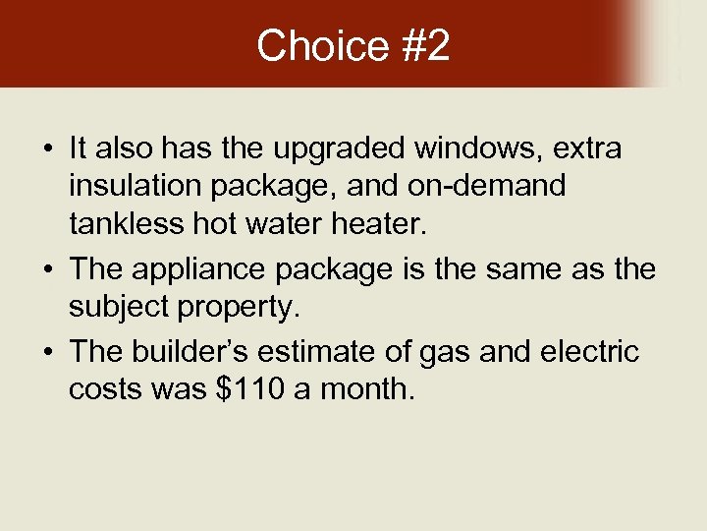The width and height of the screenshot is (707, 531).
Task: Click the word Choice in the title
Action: [x=309, y=46]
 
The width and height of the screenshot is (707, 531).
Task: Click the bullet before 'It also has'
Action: [x=47, y=150]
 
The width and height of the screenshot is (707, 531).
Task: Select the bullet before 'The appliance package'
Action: [x=47, y=269]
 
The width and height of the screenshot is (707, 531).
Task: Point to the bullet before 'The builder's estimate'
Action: [x=47, y=351]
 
